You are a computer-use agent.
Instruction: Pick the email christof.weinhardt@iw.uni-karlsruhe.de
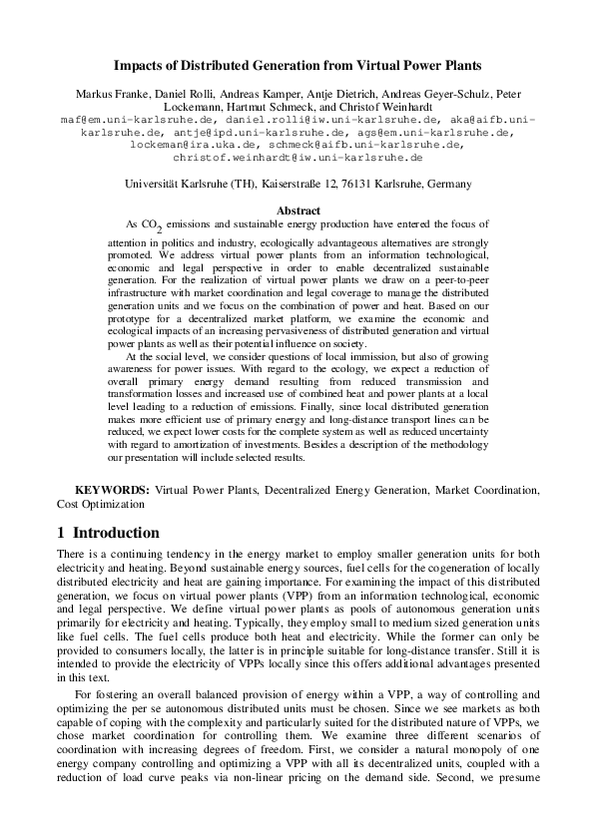[297, 157]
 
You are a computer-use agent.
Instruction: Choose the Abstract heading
[297, 210]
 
